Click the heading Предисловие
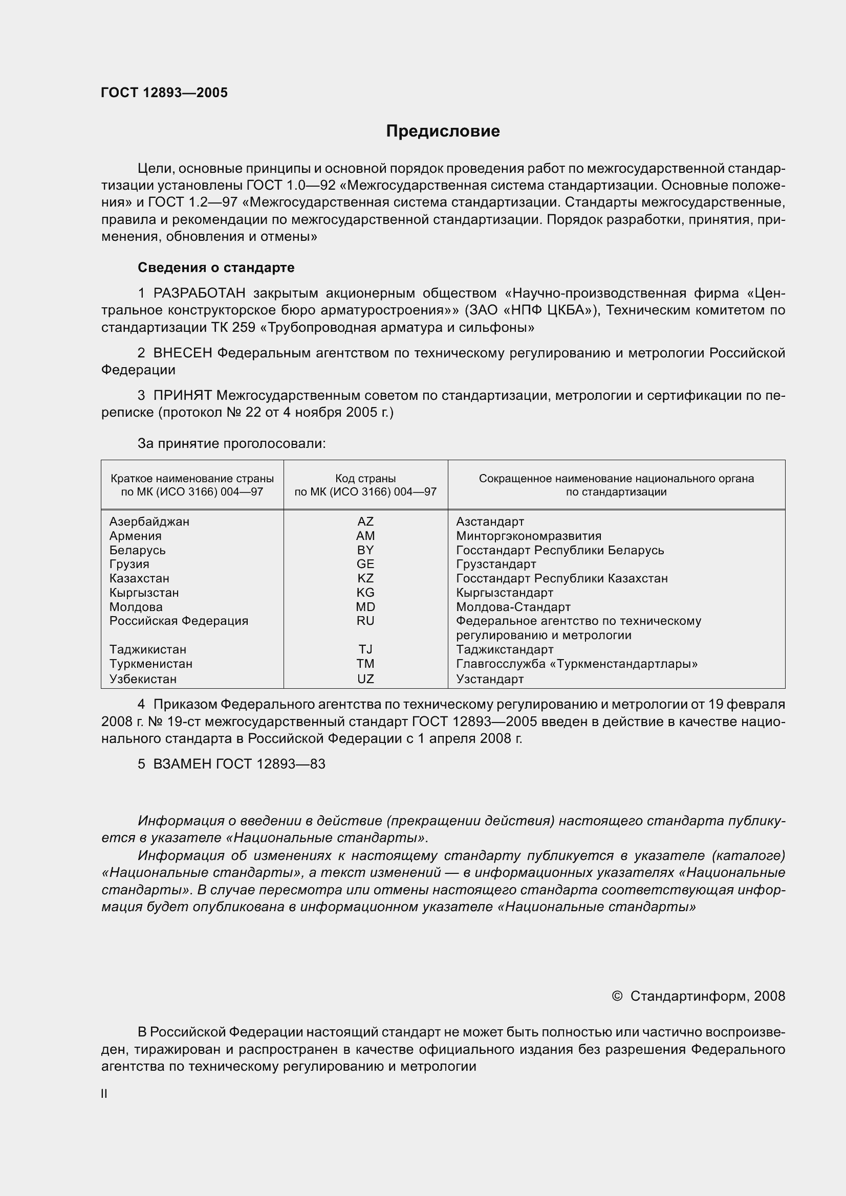coord(443,131)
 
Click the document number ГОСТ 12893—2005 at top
coord(164,93)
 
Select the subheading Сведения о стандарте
coord(216,267)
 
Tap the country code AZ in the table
coord(365,522)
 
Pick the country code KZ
coord(365,578)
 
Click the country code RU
coord(365,621)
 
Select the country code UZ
coord(365,679)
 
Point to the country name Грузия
coord(129,564)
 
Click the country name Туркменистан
coord(150,664)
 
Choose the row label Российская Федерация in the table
coord(179,621)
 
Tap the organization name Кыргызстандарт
coord(504,593)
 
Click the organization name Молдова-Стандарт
coord(513,607)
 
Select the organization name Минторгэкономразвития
coord(529,536)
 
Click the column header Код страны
coord(365,478)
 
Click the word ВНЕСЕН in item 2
coord(182,353)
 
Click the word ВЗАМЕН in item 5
coord(182,764)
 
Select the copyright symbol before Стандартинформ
coord(617,997)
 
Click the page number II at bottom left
coord(104,1094)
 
